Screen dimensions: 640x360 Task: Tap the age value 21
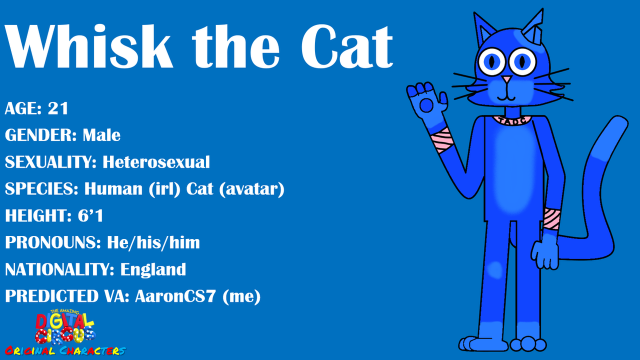58,108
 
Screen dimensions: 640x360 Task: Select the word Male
101,135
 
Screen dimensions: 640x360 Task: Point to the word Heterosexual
156,162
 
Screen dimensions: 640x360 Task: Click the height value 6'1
90,215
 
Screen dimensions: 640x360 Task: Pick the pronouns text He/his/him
153,243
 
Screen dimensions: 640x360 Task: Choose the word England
153,269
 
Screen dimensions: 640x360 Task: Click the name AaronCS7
175,296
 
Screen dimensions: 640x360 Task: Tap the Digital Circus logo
65,326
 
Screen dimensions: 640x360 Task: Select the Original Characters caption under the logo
65,351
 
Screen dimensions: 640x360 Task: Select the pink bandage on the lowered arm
551,219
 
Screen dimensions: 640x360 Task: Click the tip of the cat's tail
620,119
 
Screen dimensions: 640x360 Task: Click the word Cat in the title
347,46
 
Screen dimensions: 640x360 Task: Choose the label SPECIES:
41,189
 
